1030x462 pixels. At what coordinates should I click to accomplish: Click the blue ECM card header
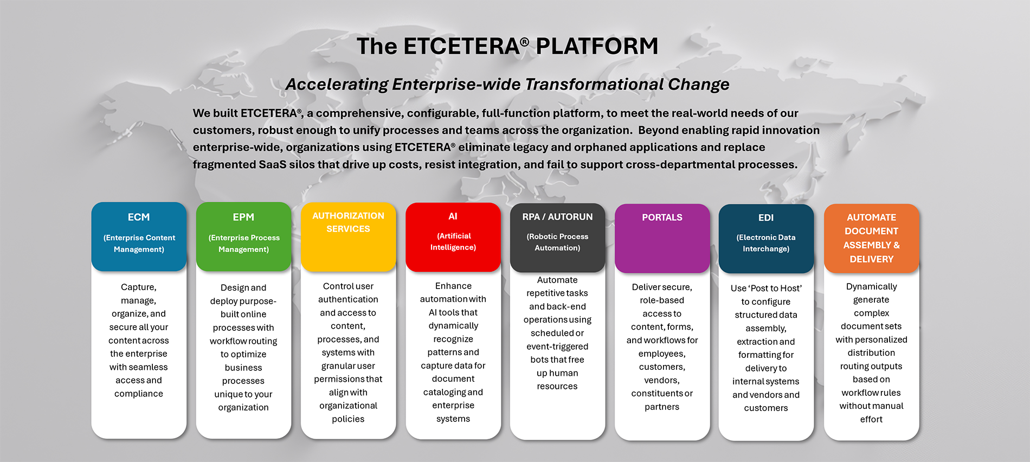coord(139,236)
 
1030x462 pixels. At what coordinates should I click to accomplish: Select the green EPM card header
coord(243,236)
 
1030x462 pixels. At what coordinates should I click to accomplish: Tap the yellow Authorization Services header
coord(348,237)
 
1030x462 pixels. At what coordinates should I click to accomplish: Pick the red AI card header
coord(453,237)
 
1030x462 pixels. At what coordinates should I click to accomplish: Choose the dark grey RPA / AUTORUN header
coord(557,238)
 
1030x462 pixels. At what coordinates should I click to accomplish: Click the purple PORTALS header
coord(662,238)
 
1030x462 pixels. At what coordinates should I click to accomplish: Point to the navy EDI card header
coord(766,239)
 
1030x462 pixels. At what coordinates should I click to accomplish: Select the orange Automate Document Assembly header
coord(871,239)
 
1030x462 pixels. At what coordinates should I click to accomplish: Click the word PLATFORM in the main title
coord(597,46)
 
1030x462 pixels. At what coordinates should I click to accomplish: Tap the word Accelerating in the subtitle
coord(337,85)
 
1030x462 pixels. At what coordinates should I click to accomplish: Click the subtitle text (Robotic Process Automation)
coord(557,242)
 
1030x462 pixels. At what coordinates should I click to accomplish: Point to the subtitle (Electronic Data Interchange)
coord(766,243)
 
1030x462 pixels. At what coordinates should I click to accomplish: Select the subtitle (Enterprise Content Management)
coord(139,243)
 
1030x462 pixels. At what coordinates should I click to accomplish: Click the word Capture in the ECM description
coord(138,287)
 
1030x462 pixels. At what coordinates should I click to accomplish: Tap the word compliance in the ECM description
coord(139,394)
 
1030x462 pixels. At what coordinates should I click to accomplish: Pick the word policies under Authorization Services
coord(348,419)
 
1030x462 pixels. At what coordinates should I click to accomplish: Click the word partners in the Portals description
coord(662,407)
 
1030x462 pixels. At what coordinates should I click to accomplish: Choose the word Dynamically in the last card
coord(871,287)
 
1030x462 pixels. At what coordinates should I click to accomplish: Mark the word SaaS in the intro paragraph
coord(272,164)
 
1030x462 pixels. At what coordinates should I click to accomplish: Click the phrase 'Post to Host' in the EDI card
coord(766,288)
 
